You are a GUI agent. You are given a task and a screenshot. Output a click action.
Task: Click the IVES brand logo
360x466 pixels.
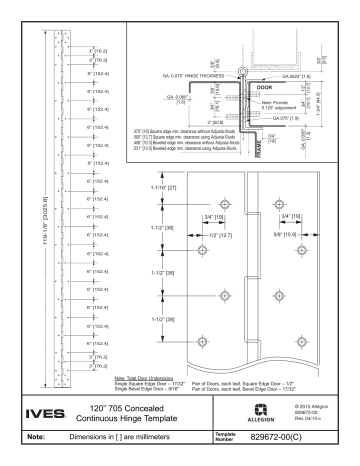coord(41,409)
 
